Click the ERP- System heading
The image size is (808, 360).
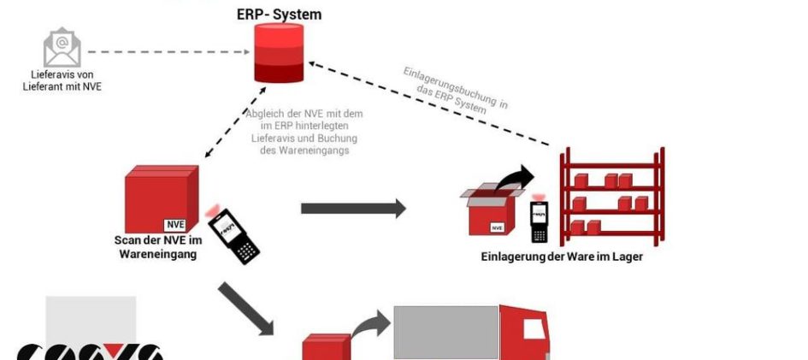tap(280, 15)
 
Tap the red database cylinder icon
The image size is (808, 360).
tap(280, 54)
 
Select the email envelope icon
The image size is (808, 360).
tap(62, 48)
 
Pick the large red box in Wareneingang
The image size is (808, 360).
tap(161, 198)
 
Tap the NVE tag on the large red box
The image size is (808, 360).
tap(175, 225)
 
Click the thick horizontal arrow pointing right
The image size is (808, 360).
tap(353, 208)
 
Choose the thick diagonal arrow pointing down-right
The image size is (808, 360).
tap(245, 307)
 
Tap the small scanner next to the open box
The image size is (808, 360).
tap(539, 221)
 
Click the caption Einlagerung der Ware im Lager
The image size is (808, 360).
tap(561, 256)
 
